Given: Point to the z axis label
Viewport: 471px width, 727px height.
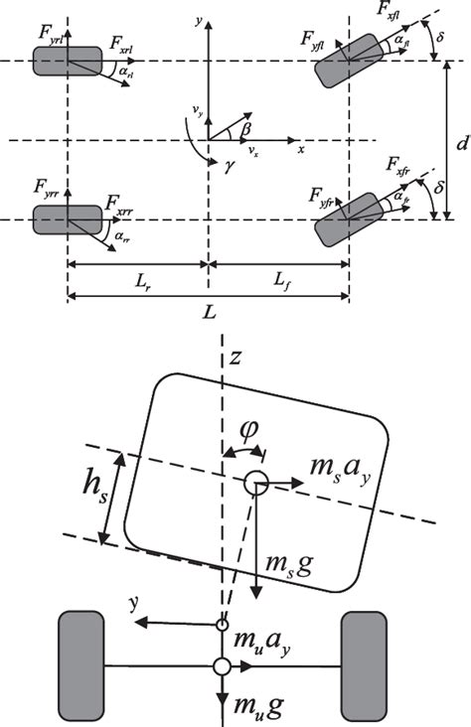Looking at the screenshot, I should click(235, 358).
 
